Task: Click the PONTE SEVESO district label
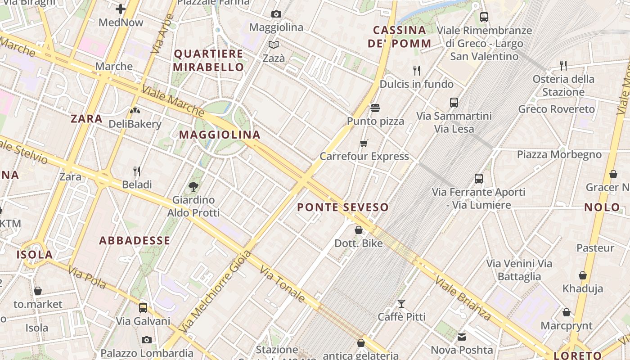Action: coord(343,207)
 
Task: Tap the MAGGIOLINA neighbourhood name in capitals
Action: coord(220,135)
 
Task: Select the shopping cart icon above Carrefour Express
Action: coord(364,144)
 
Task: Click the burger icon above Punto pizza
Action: coord(375,108)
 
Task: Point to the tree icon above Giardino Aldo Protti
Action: coord(193,186)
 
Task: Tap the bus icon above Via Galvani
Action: coord(143,308)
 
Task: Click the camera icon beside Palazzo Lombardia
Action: coord(146,340)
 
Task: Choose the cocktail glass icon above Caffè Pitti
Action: coord(401,304)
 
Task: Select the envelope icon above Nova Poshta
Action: coord(462,337)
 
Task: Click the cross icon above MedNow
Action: coord(121,9)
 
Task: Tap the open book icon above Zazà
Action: coord(274,45)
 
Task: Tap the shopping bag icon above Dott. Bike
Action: coord(359,230)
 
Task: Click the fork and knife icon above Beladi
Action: coord(137,171)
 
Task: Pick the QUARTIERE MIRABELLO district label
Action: coord(209,60)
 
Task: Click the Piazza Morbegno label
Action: coord(559,154)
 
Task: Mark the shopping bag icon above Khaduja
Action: coord(583,275)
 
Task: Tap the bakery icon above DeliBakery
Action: coord(135,110)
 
